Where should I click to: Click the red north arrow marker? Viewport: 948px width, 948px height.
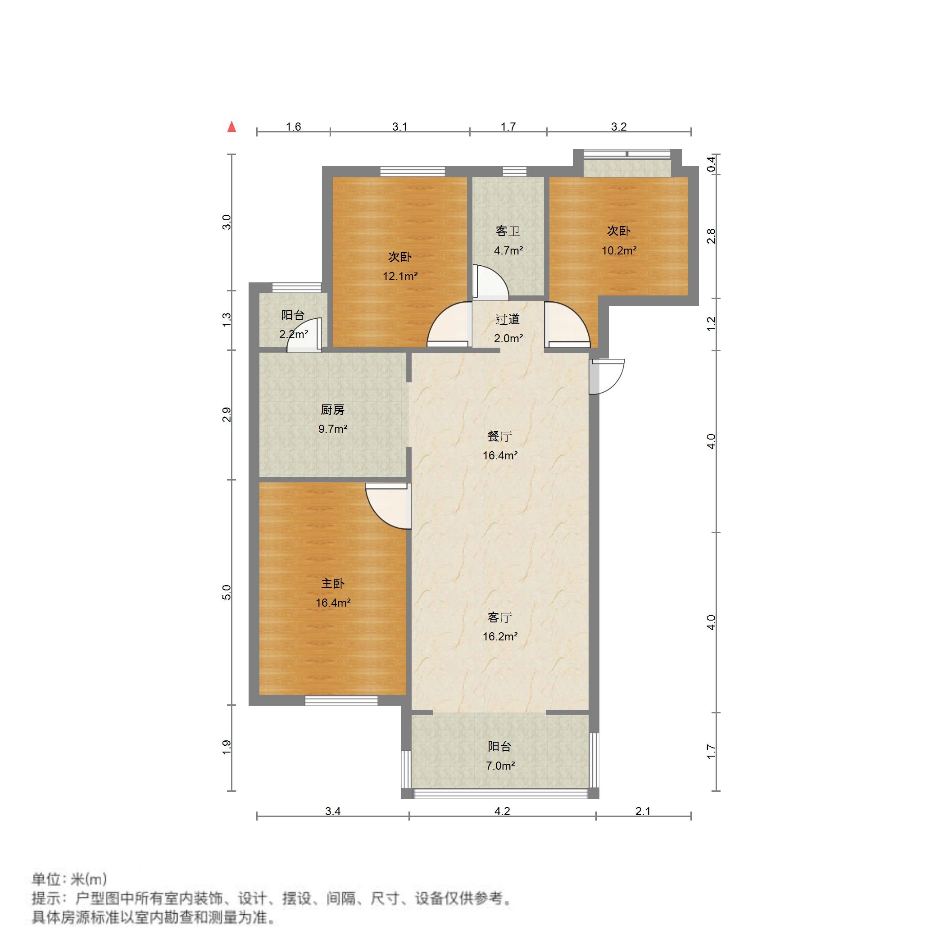click(231, 127)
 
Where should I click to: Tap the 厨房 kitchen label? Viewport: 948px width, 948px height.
click(332, 409)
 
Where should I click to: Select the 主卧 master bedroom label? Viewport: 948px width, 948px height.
click(332, 583)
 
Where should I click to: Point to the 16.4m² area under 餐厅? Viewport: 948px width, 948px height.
click(499, 455)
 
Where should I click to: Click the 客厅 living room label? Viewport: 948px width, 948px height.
click(499, 617)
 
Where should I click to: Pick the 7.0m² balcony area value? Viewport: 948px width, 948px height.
click(499, 766)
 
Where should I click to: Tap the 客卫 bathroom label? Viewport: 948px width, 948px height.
click(508, 231)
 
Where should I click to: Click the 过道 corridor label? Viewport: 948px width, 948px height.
click(508, 319)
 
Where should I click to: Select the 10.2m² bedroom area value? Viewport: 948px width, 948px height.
click(619, 251)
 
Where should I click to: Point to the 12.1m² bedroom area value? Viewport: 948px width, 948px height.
click(400, 276)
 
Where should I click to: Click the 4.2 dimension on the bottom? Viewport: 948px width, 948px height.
click(502, 811)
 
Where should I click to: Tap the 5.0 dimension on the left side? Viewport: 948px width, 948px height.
click(226, 592)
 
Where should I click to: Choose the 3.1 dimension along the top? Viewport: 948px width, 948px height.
click(399, 127)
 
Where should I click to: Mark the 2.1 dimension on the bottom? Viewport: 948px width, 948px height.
click(642, 811)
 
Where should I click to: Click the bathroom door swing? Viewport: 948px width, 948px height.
click(489, 283)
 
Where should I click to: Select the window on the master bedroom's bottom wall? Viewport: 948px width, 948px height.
click(341, 700)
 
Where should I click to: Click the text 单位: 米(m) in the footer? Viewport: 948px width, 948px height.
click(69, 878)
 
